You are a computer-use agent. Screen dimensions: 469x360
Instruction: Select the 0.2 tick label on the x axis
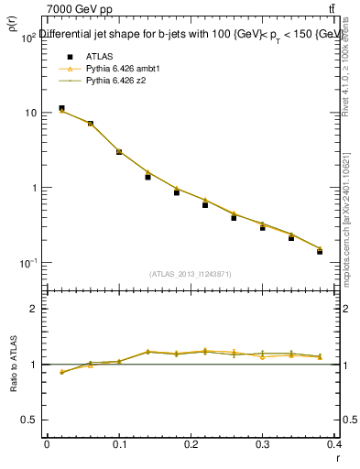(x=191, y=445)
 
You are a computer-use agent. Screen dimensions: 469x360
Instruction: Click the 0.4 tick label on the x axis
(x=334, y=445)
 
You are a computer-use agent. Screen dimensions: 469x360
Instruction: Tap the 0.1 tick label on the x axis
(x=118, y=445)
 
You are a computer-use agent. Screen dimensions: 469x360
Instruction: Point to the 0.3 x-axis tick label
(x=262, y=445)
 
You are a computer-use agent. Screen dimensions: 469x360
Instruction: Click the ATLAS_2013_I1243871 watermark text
(x=191, y=274)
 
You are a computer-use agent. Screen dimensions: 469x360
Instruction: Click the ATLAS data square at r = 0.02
(x=61, y=108)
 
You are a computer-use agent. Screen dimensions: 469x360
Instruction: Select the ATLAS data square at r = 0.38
(x=320, y=251)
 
